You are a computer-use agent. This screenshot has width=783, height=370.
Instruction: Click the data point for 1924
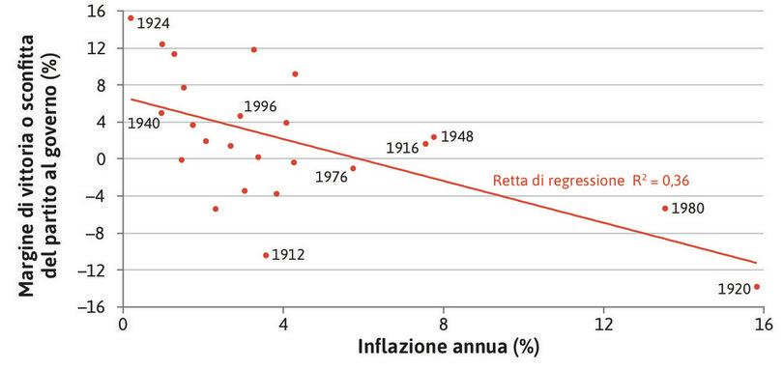click(x=130, y=17)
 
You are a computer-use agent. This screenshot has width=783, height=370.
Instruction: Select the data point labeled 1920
click(x=757, y=286)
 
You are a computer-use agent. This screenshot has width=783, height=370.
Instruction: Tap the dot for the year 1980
click(x=665, y=208)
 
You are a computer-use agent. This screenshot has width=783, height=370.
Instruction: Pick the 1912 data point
click(x=266, y=255)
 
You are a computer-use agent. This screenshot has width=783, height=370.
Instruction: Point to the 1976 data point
click(x=353, y=168)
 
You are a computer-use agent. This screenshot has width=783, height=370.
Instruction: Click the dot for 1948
click(x=434, y=137)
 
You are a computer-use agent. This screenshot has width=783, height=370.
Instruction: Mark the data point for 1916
click(x=425, y=144)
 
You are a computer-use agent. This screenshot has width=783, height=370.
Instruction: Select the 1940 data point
click(x=161, y=113)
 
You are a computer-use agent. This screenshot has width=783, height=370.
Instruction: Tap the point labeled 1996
click(x=241, y=116)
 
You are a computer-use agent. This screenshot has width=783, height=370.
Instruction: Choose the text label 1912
click(x=288, y=255)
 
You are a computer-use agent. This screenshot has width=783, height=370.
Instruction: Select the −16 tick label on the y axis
click(x=93, y=307)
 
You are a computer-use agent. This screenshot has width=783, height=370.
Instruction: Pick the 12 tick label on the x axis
click(x=604, y=325)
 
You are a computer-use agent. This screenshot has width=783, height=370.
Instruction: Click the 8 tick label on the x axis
click(x=444, y=325)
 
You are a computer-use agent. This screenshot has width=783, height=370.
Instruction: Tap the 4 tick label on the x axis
click(x=283, y=325)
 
